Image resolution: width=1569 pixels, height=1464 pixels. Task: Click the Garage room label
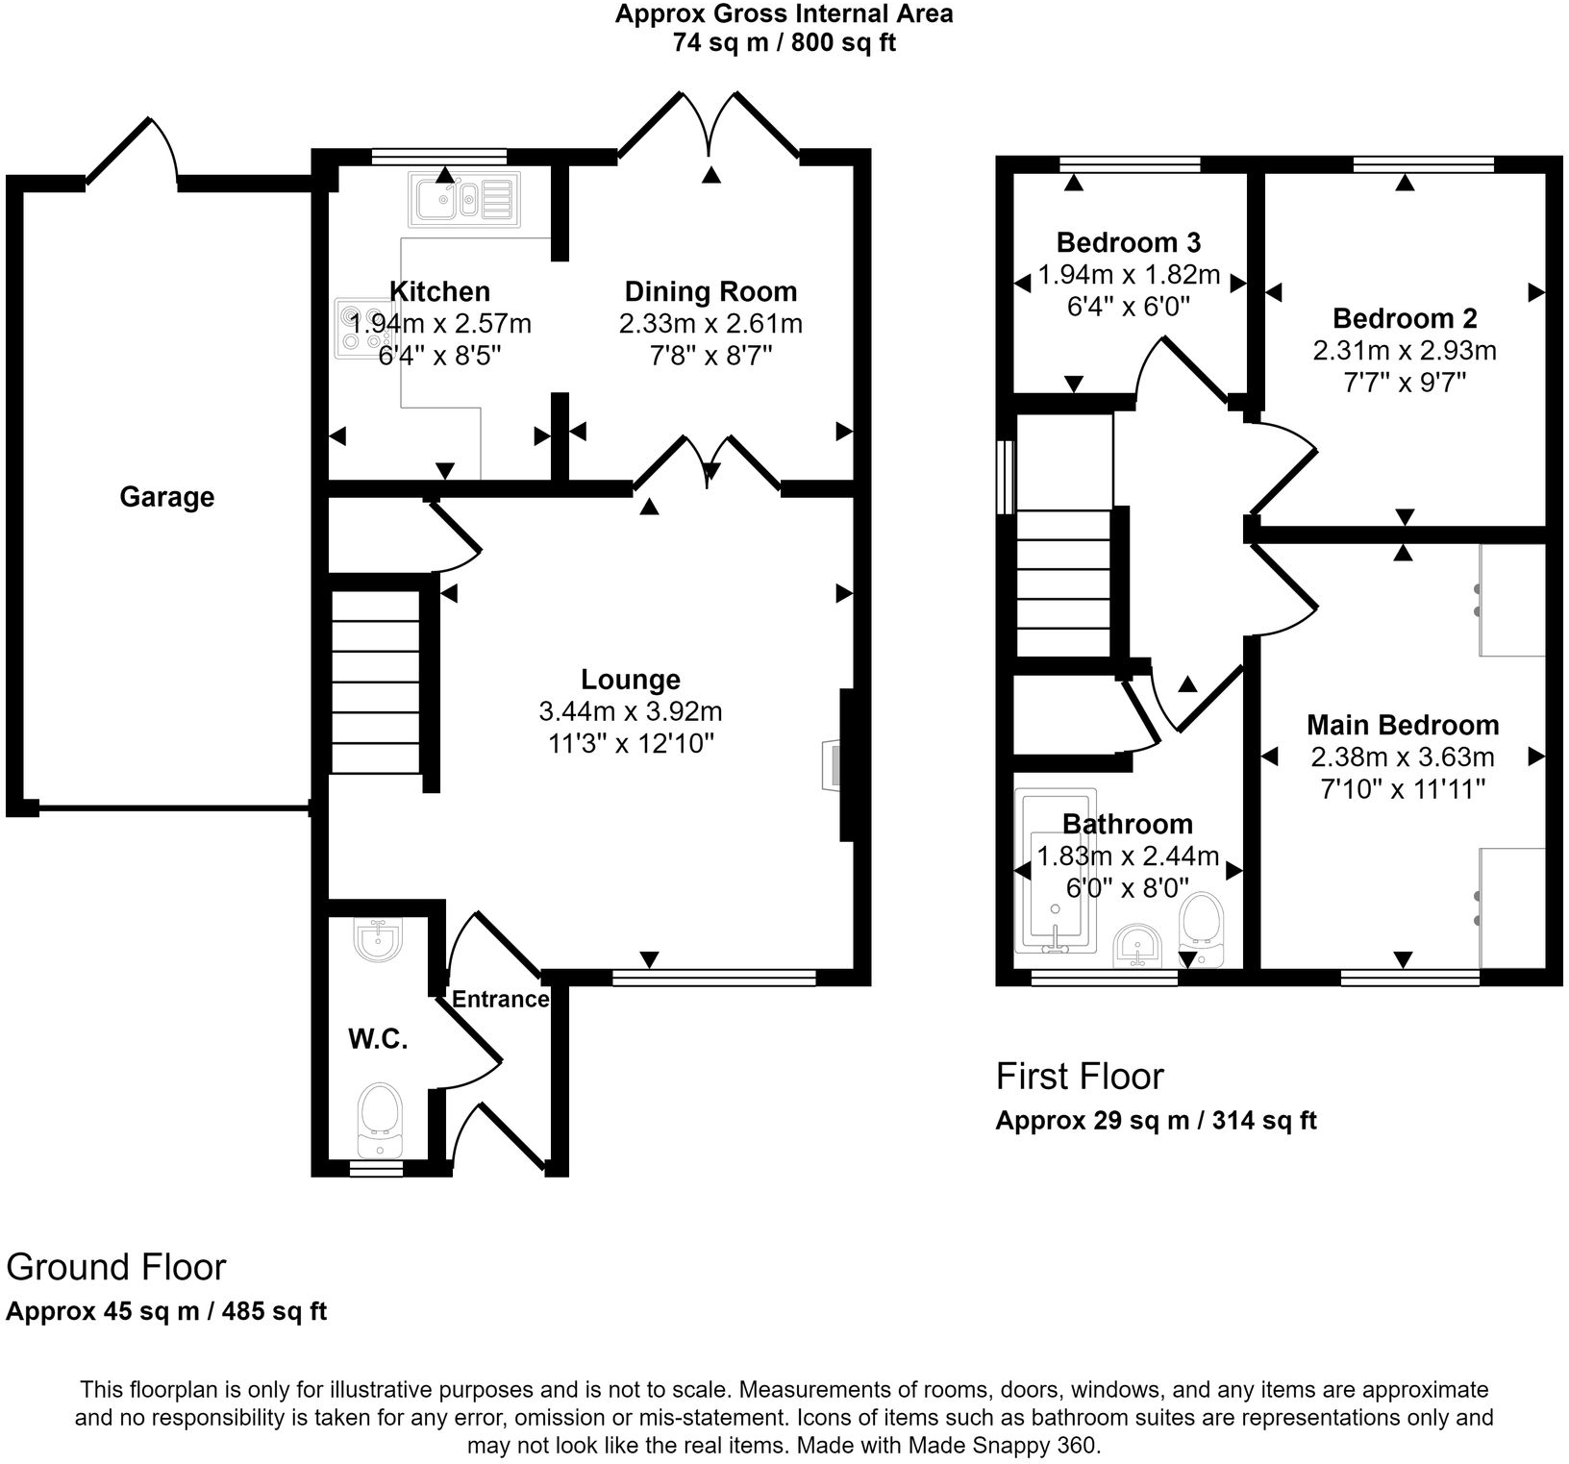[166, 497]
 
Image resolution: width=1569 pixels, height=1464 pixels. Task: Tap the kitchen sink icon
[463, 200]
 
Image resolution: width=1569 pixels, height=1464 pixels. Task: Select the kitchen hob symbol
[362, 330]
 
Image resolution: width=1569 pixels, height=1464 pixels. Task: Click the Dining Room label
[710, 291]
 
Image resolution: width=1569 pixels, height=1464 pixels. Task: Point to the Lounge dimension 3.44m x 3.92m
[631, 711]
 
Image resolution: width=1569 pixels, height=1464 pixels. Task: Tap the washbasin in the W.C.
[380, 941]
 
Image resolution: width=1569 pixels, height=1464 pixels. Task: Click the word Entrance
[500, 999]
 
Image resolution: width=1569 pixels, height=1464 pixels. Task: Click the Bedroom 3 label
[1129, 242]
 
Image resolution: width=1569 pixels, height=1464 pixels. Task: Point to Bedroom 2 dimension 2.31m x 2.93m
[1404, 351]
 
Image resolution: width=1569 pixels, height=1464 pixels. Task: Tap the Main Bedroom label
[1403, 725]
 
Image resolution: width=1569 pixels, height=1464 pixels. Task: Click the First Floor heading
[1080, 1076]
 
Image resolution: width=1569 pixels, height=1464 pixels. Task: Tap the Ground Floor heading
[116, 1267]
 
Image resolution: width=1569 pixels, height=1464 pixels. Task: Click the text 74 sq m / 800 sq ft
[784, 43]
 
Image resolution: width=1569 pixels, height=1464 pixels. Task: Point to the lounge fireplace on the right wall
[833, 765]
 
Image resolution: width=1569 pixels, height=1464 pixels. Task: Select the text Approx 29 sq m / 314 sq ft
[1156, 1121]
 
